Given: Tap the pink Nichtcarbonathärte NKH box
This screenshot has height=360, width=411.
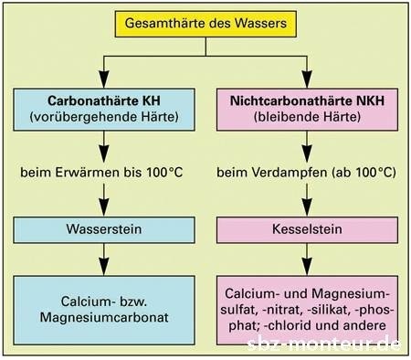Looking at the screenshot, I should (303, 108).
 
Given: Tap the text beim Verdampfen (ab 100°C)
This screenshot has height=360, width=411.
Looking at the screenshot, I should (303, 171).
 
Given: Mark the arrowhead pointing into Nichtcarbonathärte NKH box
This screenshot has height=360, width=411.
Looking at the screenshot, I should (303, 79).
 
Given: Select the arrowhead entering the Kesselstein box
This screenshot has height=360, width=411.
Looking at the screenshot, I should (303, 207).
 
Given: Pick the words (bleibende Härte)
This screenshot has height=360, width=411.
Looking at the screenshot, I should (303, 117).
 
